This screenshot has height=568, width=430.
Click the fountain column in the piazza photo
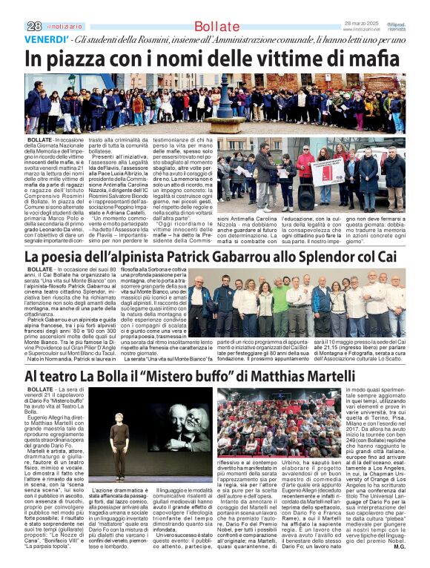click(223, 100)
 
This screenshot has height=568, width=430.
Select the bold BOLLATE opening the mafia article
click(39, 139)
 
